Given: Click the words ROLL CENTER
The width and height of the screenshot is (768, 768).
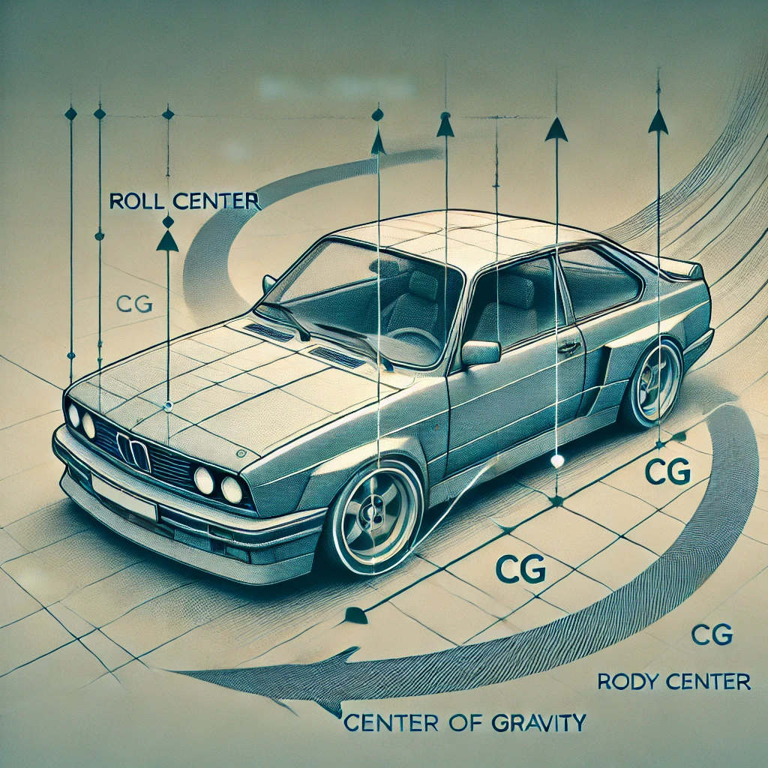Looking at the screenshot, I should [184, 202].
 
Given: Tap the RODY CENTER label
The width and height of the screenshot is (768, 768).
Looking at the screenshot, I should [674, 682].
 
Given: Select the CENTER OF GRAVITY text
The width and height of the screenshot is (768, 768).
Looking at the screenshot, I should [464, 724].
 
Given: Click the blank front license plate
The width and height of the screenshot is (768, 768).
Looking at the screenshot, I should [124, 499].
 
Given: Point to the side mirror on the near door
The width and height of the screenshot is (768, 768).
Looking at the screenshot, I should [481, 352].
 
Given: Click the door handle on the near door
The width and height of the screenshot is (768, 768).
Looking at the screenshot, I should [569, 347].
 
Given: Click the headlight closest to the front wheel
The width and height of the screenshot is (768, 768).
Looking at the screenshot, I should [232, 490].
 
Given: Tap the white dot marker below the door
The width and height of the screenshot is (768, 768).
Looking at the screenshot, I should [556, 460].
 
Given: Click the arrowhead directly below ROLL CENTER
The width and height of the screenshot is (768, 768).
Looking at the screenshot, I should [167, 241].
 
